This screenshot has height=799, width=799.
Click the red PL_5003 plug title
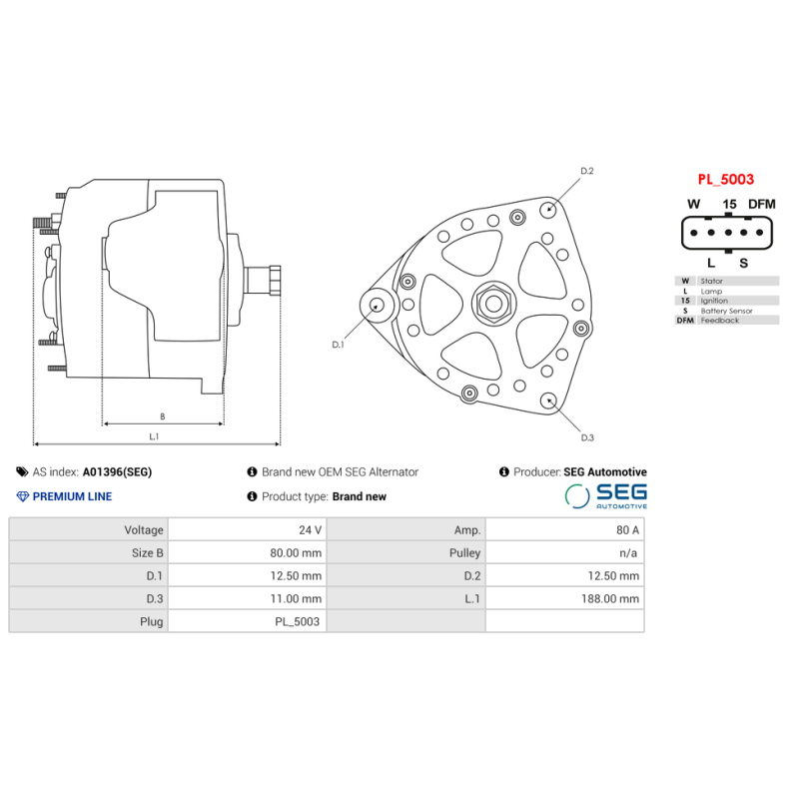click(x=725, y=181)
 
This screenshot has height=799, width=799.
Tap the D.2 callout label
click(x=587, y=171)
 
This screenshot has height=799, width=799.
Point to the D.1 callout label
click(x=338, y=345)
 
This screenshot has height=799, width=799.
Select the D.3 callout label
click(x=587, y=437)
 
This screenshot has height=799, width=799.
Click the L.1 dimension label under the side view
click(x=155, y=436)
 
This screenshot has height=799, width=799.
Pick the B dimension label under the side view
click(x=162, y=415)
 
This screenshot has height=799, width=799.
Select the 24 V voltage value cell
click(x=311, y=529)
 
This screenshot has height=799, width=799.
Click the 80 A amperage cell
click(x=627, y=529)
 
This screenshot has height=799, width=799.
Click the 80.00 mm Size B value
click(x=298, y=552)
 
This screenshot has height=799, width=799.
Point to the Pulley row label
click(x=464, y=552)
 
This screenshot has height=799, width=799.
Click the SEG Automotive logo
click(x=605, y=495)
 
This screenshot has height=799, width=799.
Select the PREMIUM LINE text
click(x=72, y=496)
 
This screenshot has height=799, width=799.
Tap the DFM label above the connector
click(x=761, y=204)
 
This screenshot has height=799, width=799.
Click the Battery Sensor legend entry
click(x=726, y=311)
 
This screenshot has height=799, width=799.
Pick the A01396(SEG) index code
click(x=117, y=471)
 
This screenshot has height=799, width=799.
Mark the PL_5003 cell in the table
click(x=298, y=622)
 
